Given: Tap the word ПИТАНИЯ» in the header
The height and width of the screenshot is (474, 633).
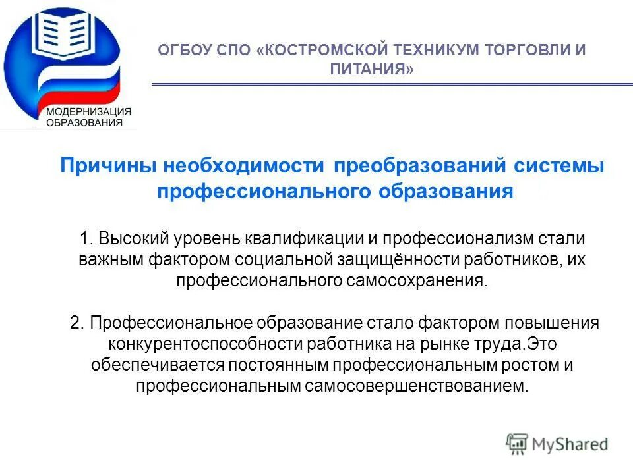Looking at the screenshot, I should pos(372,69).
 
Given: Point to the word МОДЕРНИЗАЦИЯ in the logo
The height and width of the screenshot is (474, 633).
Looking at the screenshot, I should pos(88,111).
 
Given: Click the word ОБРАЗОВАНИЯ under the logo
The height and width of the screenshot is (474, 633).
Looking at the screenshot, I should pos(84,122).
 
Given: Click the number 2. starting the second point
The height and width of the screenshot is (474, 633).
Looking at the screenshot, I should pos(76,323).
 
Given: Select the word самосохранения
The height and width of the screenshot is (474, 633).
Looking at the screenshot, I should pos(413,280).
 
